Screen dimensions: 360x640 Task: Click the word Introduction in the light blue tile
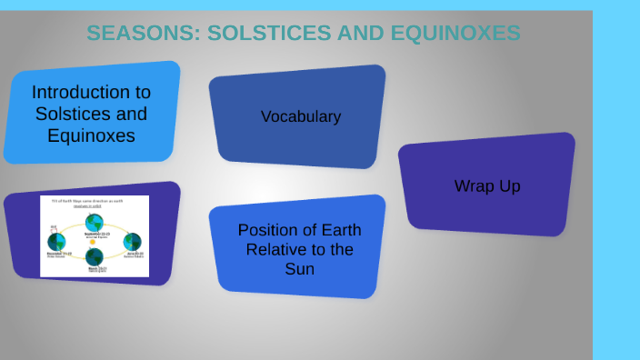91,93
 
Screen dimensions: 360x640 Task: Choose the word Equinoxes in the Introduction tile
91,136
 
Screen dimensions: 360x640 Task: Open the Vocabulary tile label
300,116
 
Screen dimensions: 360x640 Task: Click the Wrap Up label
487,186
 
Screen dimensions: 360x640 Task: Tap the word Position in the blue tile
267,230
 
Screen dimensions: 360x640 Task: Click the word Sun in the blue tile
300,269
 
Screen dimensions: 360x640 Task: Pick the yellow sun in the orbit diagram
93,241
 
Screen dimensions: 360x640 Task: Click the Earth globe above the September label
94,222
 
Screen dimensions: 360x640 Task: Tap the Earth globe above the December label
56,241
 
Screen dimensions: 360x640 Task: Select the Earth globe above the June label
132,241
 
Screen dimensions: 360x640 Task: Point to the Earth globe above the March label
95,257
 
